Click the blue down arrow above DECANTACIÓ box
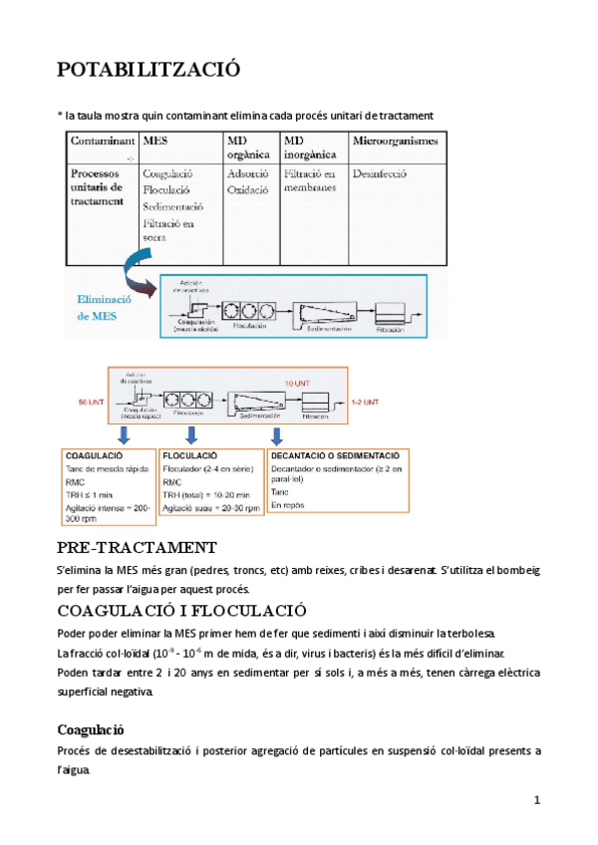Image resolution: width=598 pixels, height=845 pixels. pyautogui.click(x=281, y=432)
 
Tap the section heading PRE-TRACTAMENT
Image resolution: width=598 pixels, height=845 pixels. pyautogui.click(x=138, y=548)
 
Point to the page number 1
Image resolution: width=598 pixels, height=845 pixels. pyautogui.click(x=536, y=800)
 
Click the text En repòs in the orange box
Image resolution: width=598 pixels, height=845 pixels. pyautogui.click(x=286, y=506)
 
